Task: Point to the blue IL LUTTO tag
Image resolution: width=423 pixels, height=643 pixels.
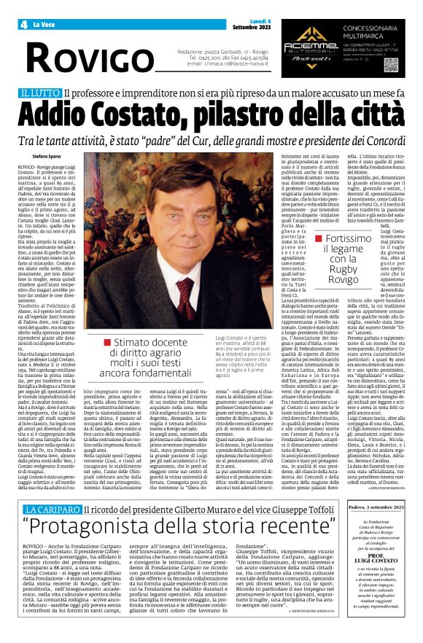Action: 39,93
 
